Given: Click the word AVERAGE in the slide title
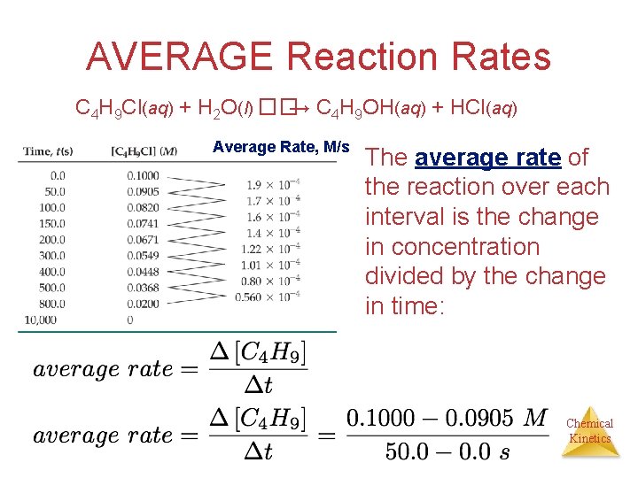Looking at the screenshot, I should [x=180, y=58].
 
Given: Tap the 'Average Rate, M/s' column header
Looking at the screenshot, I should [x=281, y=147].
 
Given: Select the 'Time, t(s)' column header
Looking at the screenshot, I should [x=50, y=151].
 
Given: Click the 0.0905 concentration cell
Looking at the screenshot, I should [x=143, y=191].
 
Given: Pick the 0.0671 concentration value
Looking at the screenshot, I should [x=143, y=239].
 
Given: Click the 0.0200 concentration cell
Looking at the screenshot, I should [x=143, y=303].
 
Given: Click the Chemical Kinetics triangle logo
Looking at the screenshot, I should [x=589, y=431].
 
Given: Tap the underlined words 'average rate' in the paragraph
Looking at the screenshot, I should [x=487, y=158].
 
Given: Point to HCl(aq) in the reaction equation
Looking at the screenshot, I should [x=484, y=109].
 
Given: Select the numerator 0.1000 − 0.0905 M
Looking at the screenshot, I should [x=446, y=418].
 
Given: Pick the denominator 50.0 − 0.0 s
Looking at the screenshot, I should [x=446, y=451].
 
